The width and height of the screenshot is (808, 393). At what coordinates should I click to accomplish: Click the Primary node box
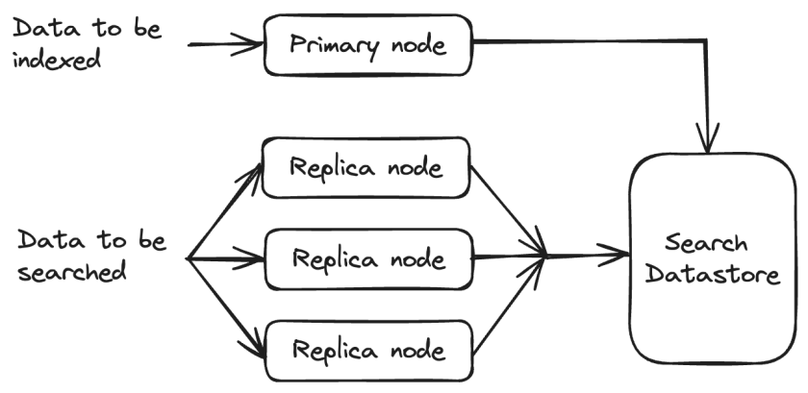pos(368,44)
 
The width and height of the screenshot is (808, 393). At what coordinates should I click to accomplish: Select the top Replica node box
pos(366,168)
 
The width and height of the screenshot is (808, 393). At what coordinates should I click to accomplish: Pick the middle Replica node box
pos(368,259)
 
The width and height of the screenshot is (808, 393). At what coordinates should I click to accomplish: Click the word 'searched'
pos(73,272)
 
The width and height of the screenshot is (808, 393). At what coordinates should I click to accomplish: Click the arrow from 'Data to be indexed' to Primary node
pos(226,44)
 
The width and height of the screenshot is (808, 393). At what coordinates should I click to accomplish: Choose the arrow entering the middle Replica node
pos(226,259)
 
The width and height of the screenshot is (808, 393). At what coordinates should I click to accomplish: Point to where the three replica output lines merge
pos(546,257)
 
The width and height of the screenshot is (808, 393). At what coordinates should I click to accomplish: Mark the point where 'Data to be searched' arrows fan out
pos(189,259)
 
